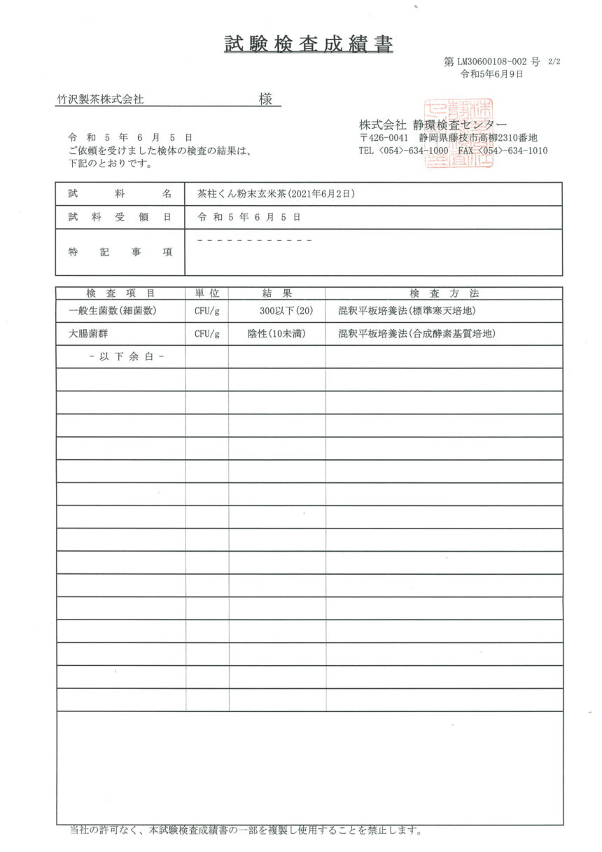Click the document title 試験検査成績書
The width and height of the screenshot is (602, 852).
point(309,44)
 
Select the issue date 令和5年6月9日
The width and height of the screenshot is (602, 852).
point(491,74)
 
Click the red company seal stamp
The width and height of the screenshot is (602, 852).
point(459,132)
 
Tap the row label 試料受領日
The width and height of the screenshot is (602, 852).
point(120,217)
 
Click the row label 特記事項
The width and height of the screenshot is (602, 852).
point(120,252)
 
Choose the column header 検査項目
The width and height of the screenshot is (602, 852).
point(120,293)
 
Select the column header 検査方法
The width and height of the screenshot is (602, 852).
point(444,293)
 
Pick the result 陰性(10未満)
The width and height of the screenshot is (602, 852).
point(276,334)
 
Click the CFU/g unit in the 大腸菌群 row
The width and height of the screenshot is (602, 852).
point(206,334)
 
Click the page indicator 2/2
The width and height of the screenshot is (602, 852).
point(554,62)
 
